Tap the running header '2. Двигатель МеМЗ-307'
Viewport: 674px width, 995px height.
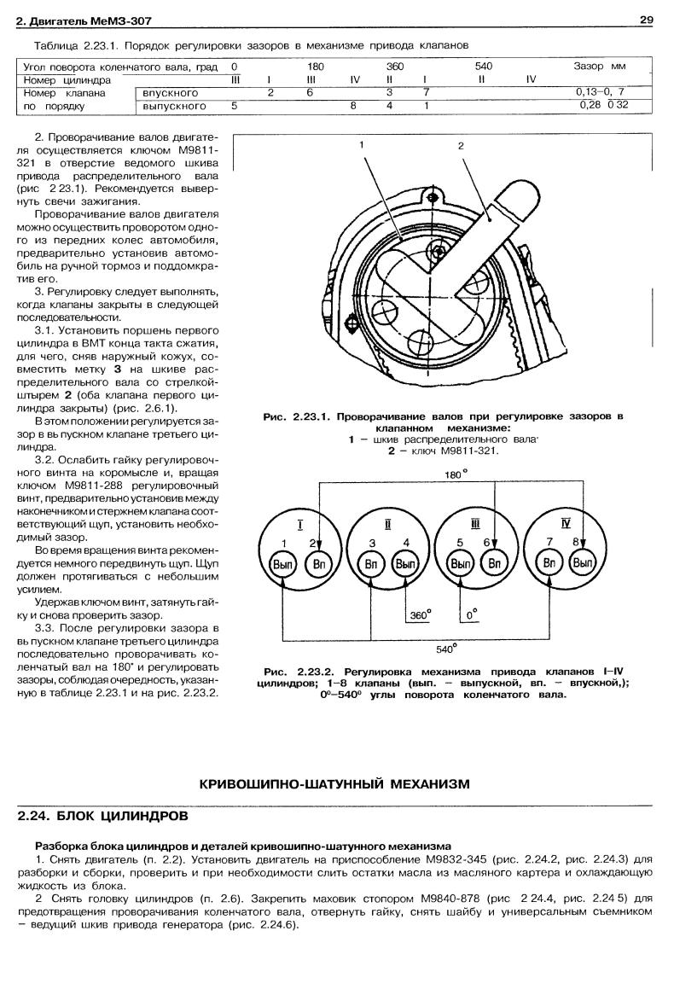(x=73, y=20)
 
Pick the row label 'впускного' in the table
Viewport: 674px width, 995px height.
(x=171, y=92)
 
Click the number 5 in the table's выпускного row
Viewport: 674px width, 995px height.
(x=234, y=107)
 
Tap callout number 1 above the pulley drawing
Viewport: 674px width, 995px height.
(x=362, y=145)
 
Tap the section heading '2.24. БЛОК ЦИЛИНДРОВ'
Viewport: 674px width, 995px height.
(x=103, y=816)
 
